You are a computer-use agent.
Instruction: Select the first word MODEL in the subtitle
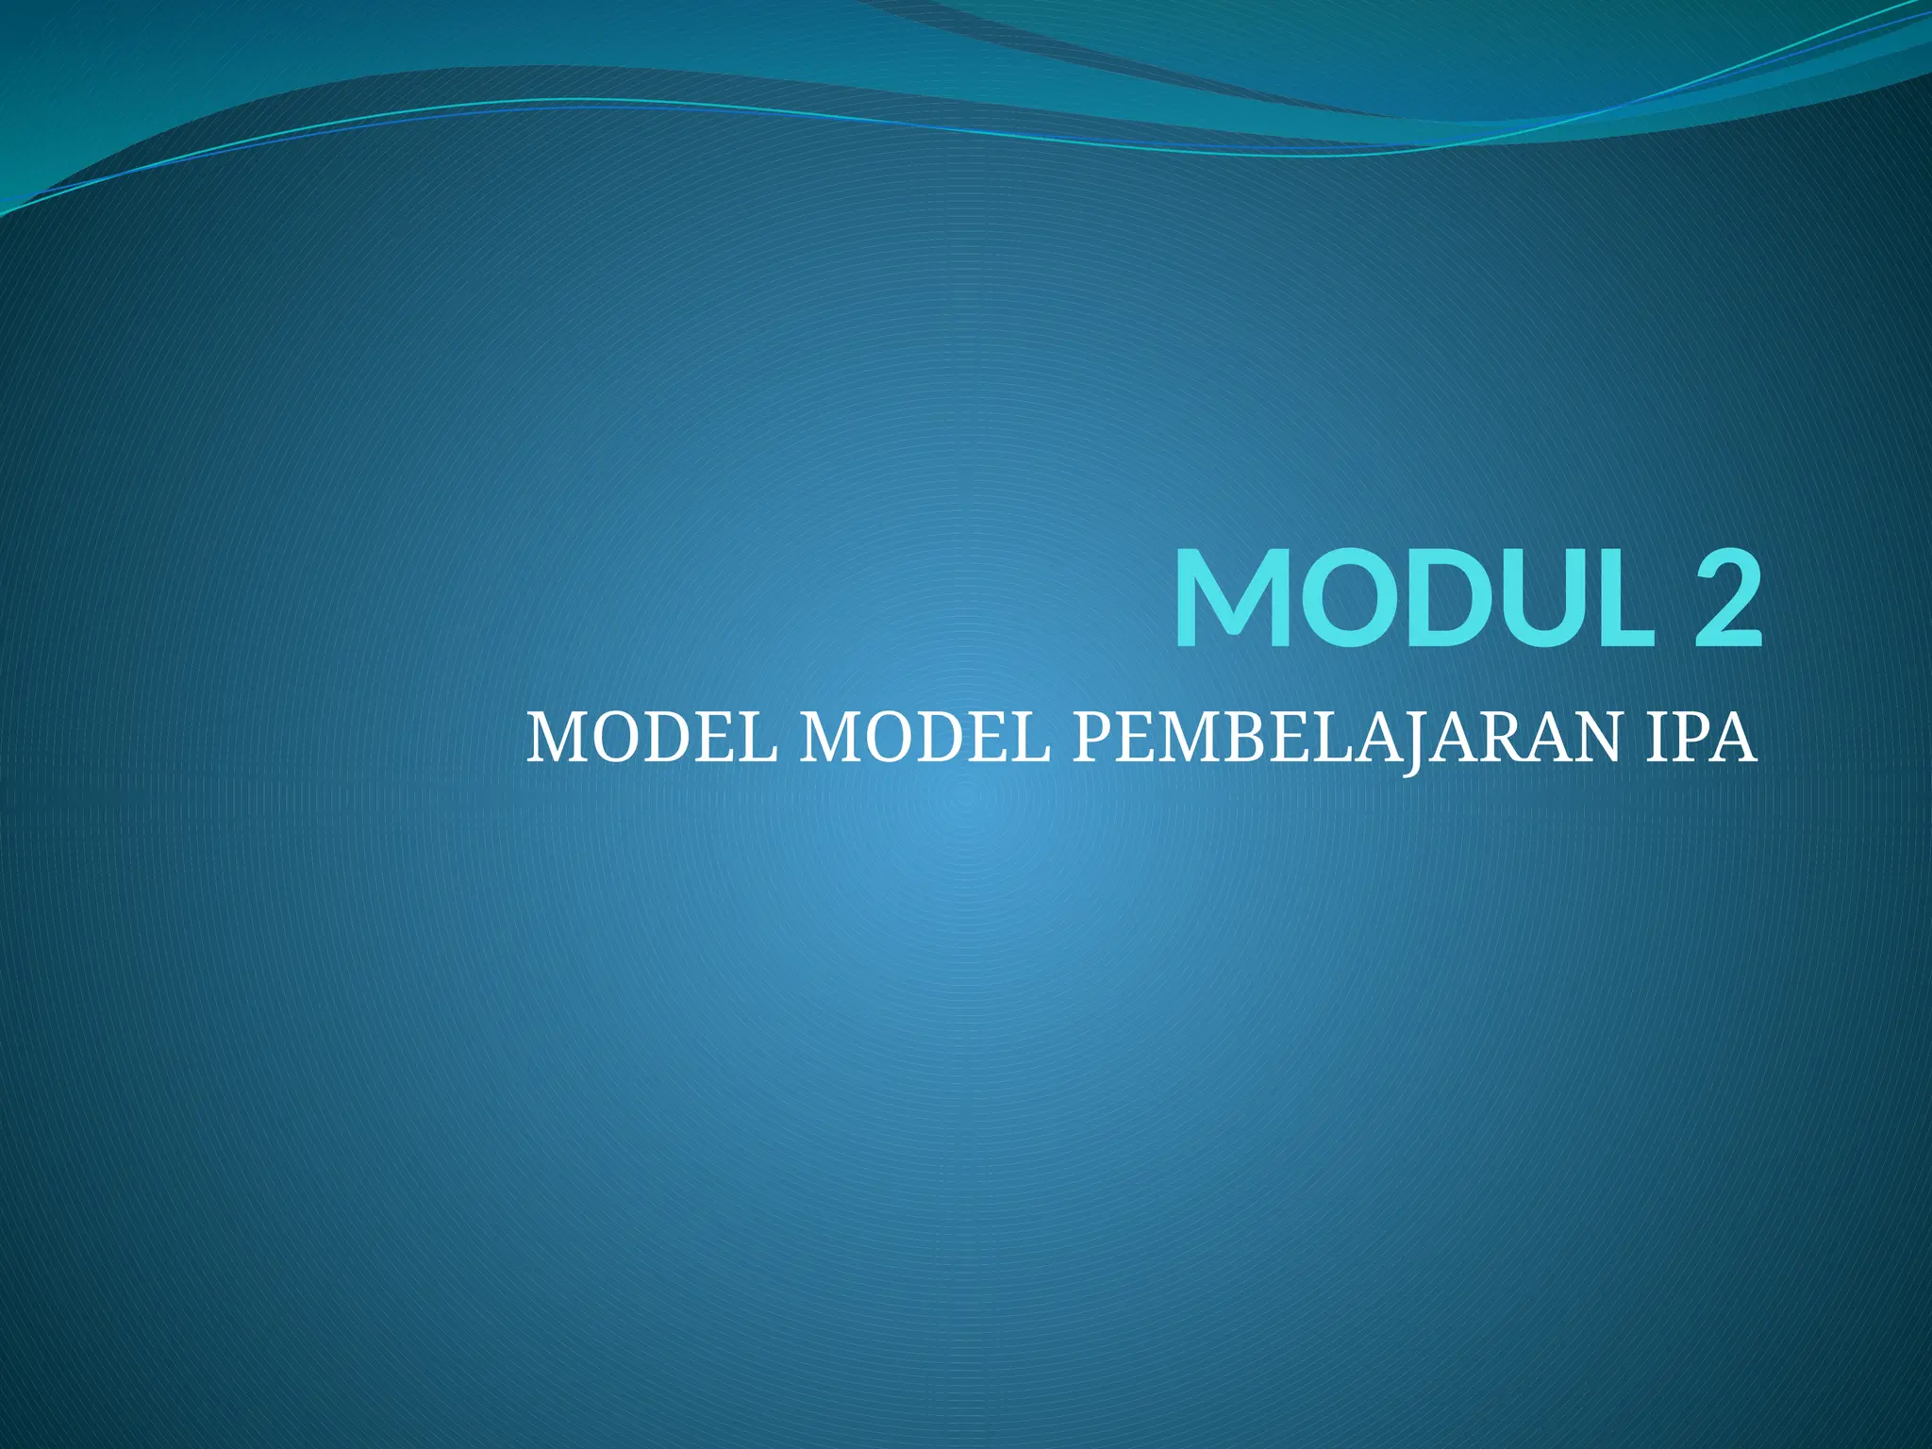click(x=652, y=740)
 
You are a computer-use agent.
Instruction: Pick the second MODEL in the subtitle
click(x=924, y=740)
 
